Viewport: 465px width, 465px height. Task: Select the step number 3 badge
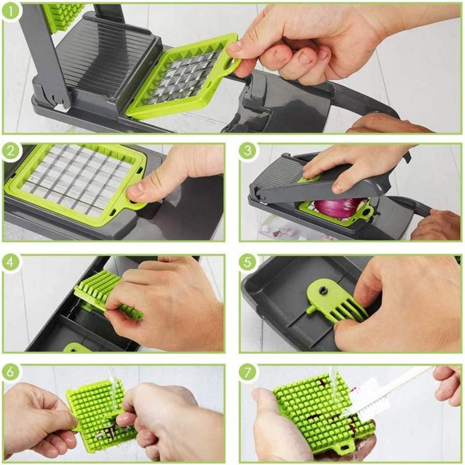pos(248,152)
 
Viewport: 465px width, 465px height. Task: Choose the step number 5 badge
pos(248,263)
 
